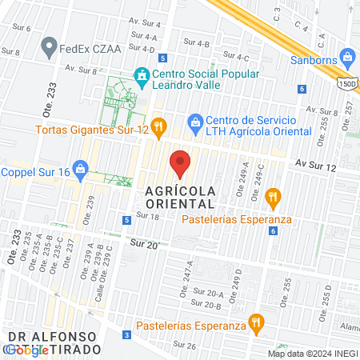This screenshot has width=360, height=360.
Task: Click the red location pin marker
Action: click(x=181, y=163)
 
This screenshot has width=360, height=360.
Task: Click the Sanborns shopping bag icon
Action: click(x=346, y=57)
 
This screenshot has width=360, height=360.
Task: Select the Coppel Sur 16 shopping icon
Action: click(x=80, y=169)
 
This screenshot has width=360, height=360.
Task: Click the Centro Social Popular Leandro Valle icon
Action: click(x=142, y=76)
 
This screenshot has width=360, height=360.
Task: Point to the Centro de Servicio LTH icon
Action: click(x=194, y=122)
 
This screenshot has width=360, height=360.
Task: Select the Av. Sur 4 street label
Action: click(x=146, y=24)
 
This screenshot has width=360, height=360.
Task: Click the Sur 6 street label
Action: click(x=22, y=28)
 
